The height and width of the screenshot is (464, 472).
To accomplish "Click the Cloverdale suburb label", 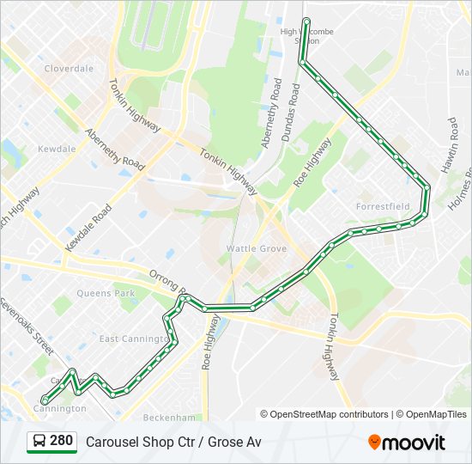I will (69, 68).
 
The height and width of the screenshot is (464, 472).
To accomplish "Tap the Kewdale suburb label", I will (57, 149).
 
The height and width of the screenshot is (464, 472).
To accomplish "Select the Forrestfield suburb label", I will (382, 206).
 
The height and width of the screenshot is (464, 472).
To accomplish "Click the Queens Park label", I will (106, 293).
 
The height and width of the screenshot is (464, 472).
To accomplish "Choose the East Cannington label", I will (132, 339).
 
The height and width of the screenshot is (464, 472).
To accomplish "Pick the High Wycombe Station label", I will (306, 36).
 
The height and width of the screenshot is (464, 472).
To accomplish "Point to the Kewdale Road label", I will (90, 227).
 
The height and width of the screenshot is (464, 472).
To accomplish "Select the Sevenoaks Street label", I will (26, 327).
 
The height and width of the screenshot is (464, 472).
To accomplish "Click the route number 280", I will (61, 441).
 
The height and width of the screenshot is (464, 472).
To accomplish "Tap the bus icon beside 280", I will (39, 442).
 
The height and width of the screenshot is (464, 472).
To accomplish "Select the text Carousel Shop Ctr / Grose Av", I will (173, 442).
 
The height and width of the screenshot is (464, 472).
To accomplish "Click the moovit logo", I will (407, 443).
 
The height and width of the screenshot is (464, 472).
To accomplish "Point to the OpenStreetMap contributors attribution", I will (329, 414).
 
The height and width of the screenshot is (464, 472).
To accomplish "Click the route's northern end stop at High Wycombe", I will (306, 21).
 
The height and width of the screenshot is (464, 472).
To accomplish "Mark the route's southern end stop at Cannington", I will (45, 400).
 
